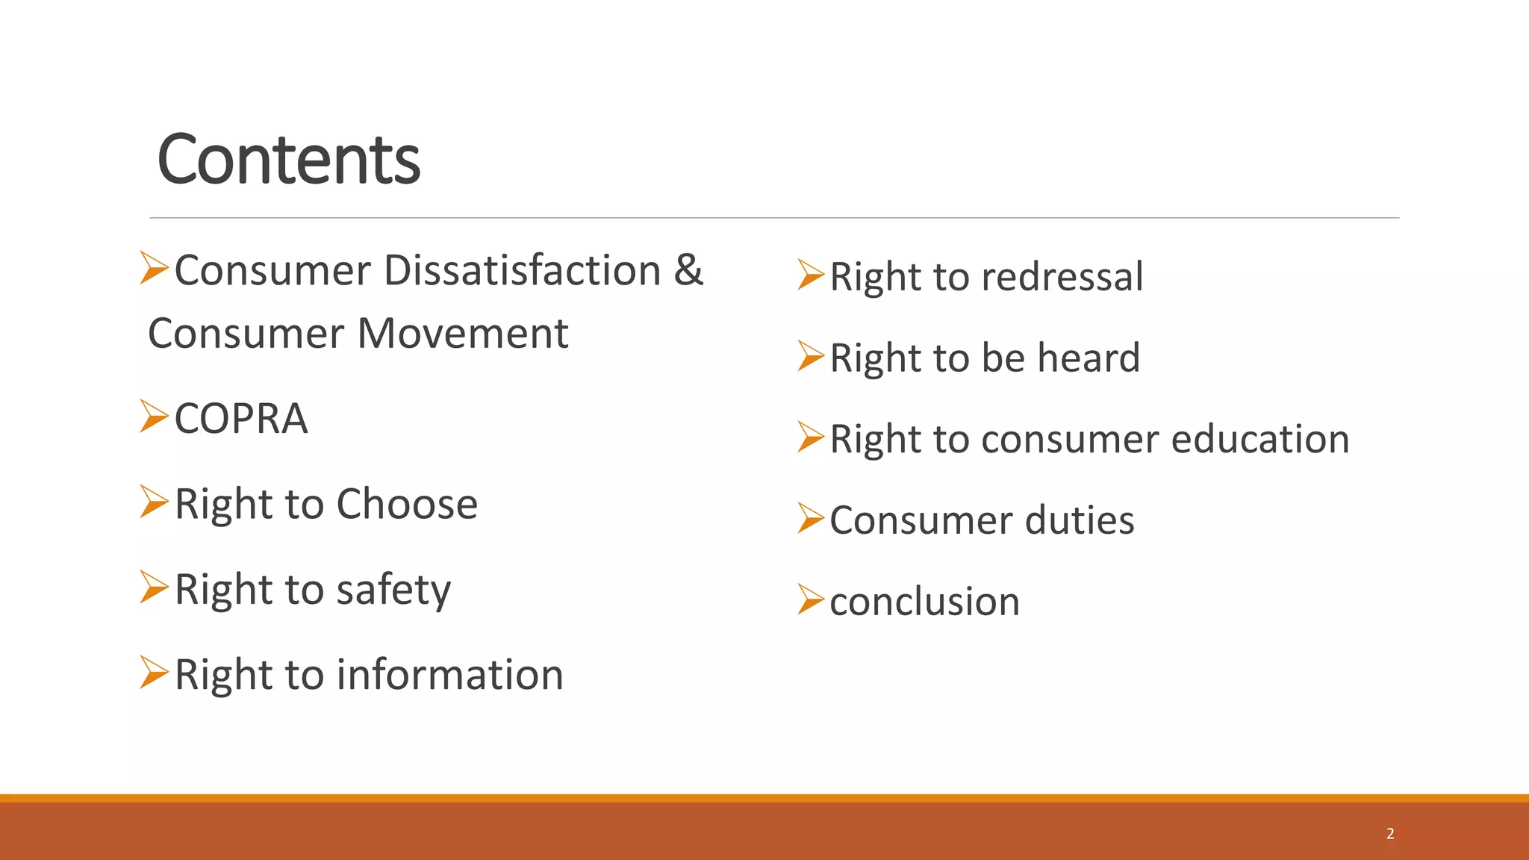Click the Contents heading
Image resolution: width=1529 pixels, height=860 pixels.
(288, 159)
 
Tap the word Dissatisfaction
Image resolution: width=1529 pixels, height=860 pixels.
(522, 270)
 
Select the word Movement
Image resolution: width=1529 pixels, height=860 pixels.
(463, 334)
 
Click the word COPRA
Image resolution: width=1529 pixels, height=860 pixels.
(240, 418)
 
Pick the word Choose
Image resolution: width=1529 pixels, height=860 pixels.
(407, 504)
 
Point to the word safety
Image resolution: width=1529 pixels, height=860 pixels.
(393, 590)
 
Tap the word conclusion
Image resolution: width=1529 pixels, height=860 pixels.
(924, 602)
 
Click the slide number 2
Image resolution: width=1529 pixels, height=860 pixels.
(1390, 834)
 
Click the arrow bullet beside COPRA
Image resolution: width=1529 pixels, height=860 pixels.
(154, 416)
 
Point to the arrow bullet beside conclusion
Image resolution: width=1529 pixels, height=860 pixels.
(811, 599)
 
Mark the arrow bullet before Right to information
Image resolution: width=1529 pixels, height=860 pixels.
(154, 672)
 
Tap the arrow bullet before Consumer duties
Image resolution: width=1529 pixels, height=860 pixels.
(811, 518)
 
